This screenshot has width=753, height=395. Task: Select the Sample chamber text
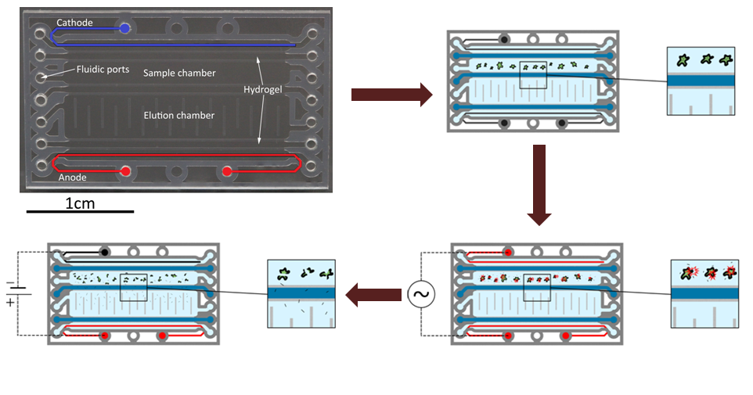179,74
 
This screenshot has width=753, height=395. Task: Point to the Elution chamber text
178,116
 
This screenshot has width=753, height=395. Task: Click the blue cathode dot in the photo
125,29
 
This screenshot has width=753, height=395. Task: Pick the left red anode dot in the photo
125,171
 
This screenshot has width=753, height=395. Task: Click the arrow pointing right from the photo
391,95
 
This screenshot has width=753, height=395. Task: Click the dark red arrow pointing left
374,296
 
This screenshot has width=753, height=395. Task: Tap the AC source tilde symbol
420,296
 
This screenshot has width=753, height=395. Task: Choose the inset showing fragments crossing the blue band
301,293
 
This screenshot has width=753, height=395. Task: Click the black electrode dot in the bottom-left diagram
104,252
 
